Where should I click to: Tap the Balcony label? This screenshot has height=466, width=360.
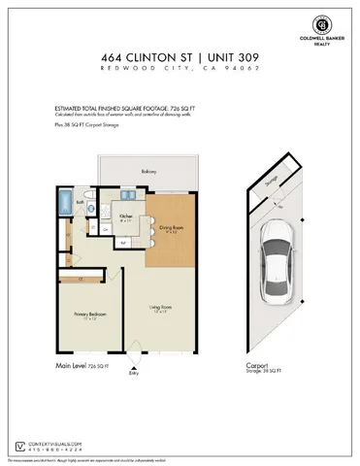coord(147,172)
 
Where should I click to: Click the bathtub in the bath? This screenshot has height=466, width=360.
coord(65,205)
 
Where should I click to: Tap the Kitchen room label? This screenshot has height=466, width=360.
coord(126,217)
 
